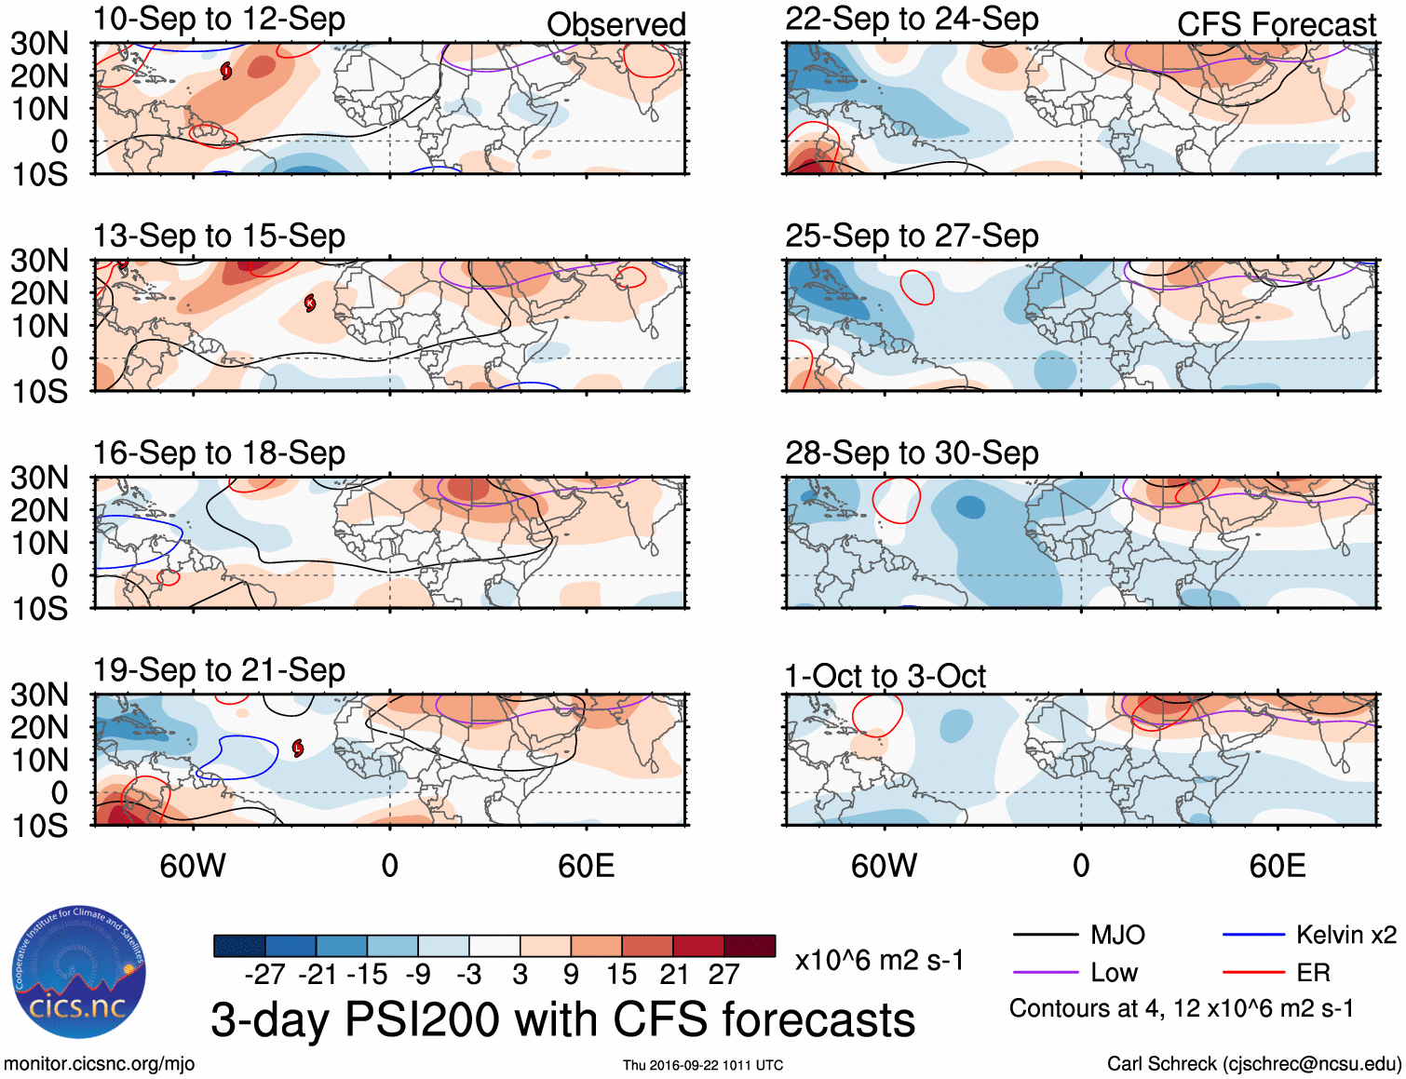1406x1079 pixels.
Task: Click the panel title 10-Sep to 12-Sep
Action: pyautogui.click(x=219, y=20)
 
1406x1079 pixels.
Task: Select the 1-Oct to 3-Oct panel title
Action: pyautogui.click(x=885, y=676)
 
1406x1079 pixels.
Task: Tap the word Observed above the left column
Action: pyautogui.click(x=615, y=25)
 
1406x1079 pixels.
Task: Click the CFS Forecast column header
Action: pyautogui.click(x=1276, y=25)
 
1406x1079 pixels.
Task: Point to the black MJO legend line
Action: pyautogui.click(x=1045, y=935)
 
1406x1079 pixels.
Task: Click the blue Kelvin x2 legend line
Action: pyautogui.click(x=1253, y=935)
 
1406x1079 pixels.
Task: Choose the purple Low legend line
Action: pyautogui.click(x=1045, y=973)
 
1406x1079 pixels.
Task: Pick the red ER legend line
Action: pyautogui.click(x=1253, y=973)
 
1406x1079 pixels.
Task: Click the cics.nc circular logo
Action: pyautogui.click(x=79, y=973)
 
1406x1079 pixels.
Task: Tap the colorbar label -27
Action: pyautogui.click(x=264, y=975)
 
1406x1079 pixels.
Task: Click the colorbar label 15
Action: pyautogui.click(x=621, y=975)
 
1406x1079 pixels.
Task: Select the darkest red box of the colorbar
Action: pyautogui.click(x=750, y=946)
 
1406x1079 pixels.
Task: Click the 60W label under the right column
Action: pyautogui.click(x=884, y=867)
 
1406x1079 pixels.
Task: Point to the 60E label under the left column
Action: pyautogui.click(x=586, y=867)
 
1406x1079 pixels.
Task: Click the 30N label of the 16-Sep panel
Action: pyautogui.click(x=40, y=478)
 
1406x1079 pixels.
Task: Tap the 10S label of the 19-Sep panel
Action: pyautogui.click(x=40, y=826)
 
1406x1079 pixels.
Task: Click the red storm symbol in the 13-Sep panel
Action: pyautogui.click(x=310, y=303)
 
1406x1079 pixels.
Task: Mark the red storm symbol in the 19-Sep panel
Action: pyautogui.click(x=298, y=748)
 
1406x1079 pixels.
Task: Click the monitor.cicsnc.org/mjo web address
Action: pyautogui.click(x=100, y=1064)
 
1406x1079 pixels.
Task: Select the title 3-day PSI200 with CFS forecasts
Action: pyautogui.click(x=562, y=1019)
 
